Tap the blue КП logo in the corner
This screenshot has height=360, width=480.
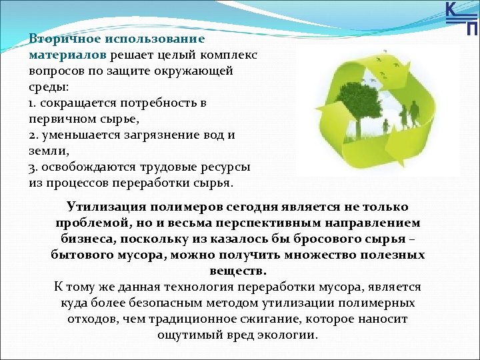point(461,19)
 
